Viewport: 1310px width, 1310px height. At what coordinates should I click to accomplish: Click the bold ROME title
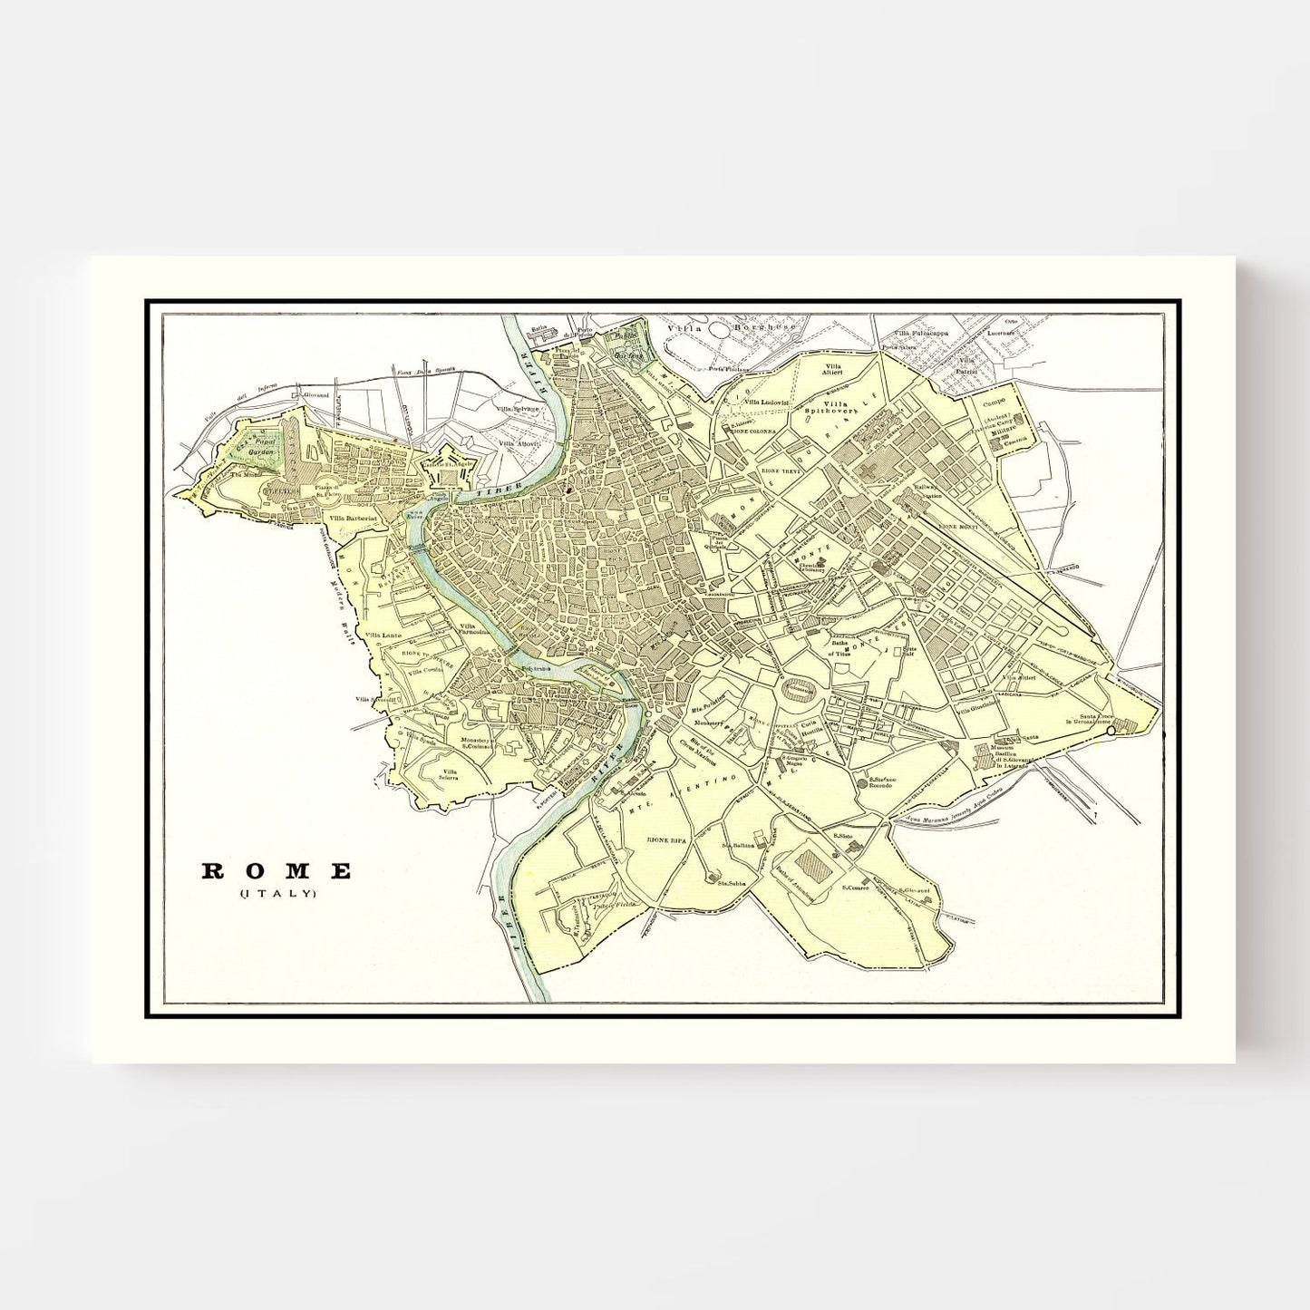(x=277, y=871)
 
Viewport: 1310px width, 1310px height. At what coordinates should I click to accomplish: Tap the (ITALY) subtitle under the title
(x=277, y=894)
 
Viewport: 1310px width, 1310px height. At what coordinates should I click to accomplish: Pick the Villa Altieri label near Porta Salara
(x=831, y=368)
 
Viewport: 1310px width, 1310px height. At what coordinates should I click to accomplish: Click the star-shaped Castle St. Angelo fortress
(x=446, y=463)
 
